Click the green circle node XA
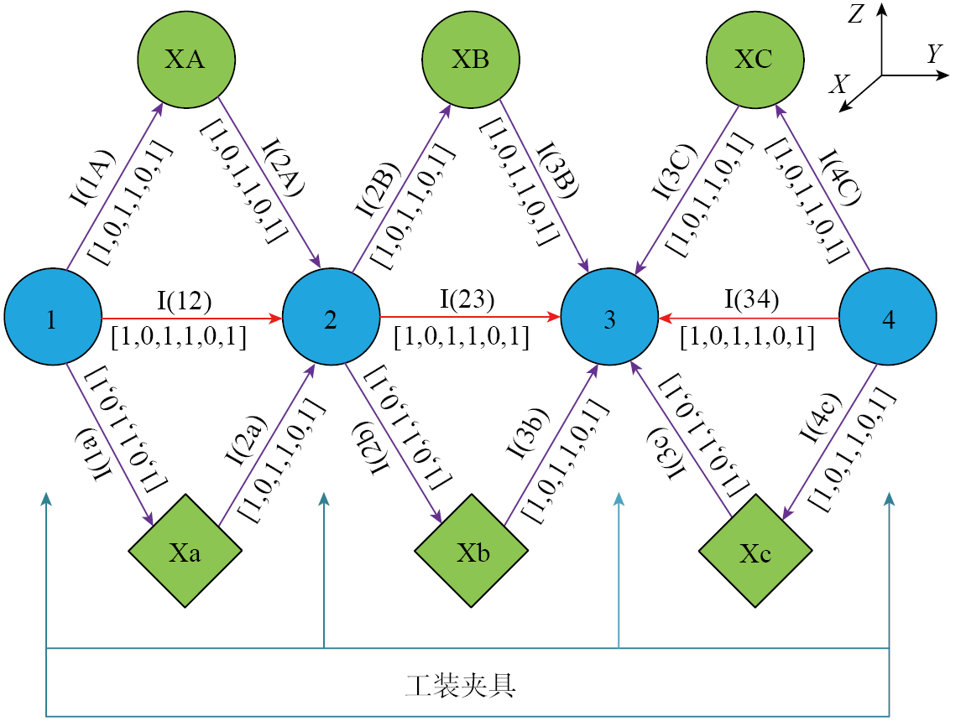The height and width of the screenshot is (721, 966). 185,60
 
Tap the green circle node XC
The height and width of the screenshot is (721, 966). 754,60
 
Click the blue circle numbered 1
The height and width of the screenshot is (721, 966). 52,319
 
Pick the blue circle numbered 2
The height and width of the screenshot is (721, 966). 331,319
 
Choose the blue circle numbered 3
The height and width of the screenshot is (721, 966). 609,319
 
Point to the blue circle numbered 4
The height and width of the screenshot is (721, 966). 888,319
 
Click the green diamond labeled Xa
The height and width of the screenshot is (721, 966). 185,552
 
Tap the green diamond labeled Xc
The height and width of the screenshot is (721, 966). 756,552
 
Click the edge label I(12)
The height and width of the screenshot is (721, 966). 184,299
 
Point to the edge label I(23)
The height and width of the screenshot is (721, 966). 467,299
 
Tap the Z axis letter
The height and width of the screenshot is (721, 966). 856,13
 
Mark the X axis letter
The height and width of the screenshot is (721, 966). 838,83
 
